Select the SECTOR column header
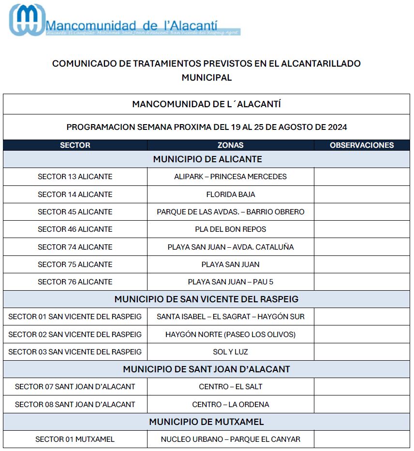click(x=75, y=145)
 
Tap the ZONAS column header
click(x=230, y=145)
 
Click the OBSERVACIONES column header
click(x=362, y=145)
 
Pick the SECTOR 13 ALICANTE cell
click(x=75, y=177)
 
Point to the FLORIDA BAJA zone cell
click(x=230, y=195)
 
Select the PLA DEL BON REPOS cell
click(x=230, y=229)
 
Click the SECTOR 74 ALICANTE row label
click(x=75, y=247)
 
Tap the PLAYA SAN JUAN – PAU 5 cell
click(x=230, y=282)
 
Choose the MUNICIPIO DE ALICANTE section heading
click(x=207, y=159)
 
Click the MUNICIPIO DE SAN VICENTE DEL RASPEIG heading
click(x=207, y=299)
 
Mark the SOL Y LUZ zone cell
click(x=230, y=352)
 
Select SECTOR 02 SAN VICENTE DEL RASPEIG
click(x=75, y=335)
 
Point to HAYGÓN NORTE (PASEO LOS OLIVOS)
click(x=230, y=335)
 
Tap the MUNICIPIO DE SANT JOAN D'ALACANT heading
click(x=207, y=369)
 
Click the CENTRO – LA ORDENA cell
click(x=230, y=405)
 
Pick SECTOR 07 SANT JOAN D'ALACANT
click(x=75, y=387)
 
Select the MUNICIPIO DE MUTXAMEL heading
click(x=207, y=422)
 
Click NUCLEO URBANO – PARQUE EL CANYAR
click(x=230, y=439)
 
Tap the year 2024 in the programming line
click(x=337, y=127)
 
